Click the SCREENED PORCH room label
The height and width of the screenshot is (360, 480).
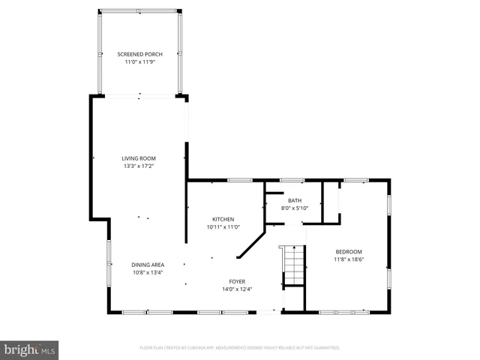(x=139, y=55)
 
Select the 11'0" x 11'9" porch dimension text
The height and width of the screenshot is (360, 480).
(x=139, y=62)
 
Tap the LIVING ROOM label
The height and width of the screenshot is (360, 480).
(x=139, y=158)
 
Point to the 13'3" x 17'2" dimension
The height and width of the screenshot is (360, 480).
(x=139, y=166)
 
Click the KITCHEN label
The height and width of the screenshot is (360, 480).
(x=223, y=219)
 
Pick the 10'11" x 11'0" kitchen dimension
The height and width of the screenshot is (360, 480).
(x=223, y=226)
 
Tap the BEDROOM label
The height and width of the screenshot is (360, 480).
(x=349, y=251)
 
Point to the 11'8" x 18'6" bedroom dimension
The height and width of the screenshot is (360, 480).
(x=349, y=259)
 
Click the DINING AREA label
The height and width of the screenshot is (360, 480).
(x=148, y=264)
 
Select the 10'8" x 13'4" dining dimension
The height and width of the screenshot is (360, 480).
(x=148, y=271)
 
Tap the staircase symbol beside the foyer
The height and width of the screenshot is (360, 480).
(x=293, y=265)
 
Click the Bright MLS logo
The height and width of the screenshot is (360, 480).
(x=30, y=350)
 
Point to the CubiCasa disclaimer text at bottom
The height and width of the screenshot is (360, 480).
(x=240, y=347)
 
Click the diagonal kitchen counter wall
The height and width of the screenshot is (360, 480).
(x=251, y=245)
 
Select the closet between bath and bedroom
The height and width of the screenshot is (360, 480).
(x=330, y=202)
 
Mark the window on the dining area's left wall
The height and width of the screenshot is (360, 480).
(x=109, y=262)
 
